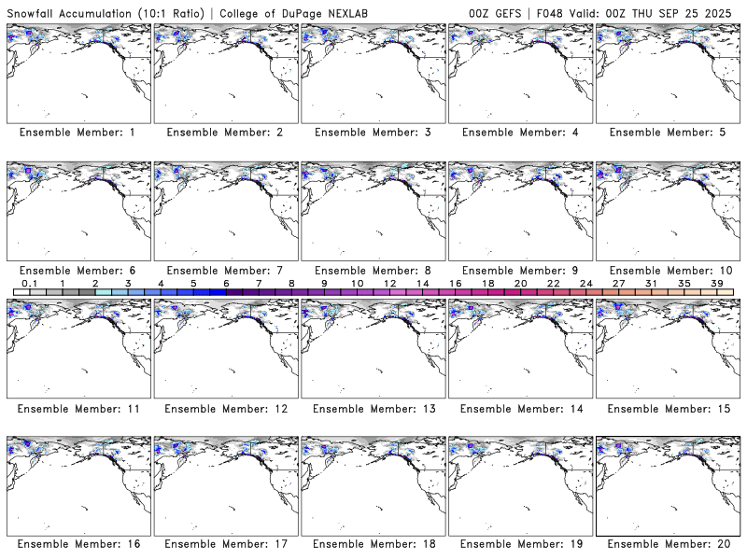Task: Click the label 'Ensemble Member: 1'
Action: [78, 133]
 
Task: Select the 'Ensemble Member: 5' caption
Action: [668, 133]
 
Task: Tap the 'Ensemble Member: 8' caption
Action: [373, 271]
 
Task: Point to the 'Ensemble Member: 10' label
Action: [668, 271]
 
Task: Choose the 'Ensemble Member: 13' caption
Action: [373, 409]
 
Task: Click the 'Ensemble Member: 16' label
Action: [78, 544]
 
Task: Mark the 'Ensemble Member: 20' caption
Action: [668, 544]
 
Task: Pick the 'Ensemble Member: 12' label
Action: [225, 409]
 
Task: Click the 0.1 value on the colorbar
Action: [29, 283]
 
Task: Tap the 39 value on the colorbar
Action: [716, 283]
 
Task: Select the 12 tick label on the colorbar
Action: [389, 283]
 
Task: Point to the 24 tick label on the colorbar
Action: [585, 283]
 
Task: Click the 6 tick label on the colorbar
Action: [226, 283]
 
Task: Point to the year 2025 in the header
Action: [720, 11]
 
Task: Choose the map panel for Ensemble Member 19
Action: [520, 485]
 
